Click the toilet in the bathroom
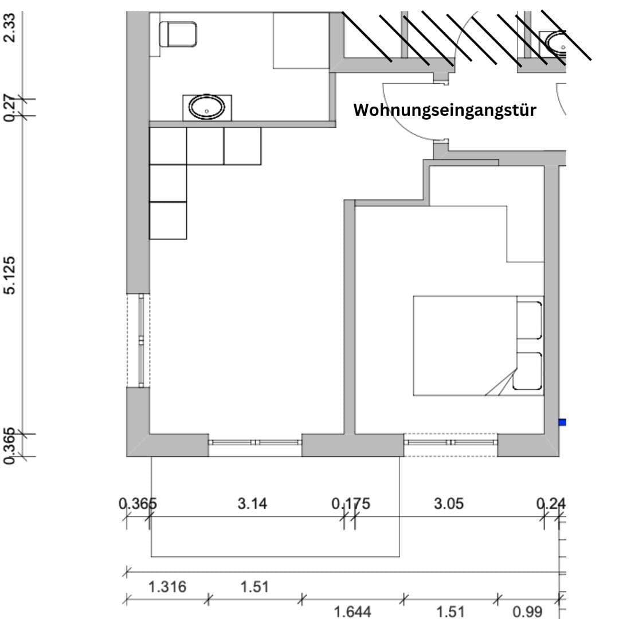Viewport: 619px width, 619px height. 179,34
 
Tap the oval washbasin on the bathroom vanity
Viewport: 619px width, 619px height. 207,107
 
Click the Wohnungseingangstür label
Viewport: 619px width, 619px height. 445,110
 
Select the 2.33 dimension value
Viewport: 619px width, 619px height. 10,27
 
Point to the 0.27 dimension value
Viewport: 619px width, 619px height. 10,107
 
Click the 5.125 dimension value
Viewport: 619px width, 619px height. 10,275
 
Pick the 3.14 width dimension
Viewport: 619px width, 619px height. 252,504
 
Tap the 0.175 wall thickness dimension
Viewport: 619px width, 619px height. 351,504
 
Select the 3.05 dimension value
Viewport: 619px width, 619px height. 449,504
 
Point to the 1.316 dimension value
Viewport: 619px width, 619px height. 167,587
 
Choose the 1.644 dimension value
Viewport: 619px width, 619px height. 352,612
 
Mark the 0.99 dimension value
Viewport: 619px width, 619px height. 527,612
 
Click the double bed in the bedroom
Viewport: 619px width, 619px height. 478,346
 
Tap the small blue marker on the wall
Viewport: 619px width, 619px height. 562,422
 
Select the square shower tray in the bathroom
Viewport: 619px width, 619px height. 301,40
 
